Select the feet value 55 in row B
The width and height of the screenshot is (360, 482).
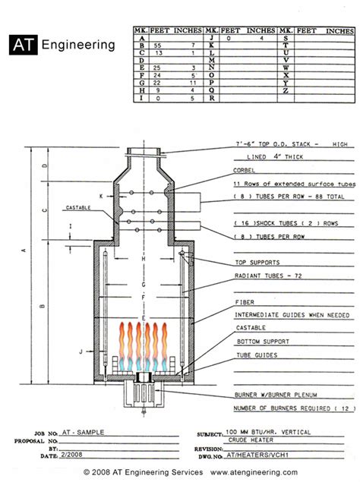157,45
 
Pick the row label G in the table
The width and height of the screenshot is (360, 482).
140,83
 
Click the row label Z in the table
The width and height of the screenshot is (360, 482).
285,90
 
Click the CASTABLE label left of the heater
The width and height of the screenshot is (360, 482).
78,206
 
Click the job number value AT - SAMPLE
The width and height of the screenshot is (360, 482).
84,431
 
